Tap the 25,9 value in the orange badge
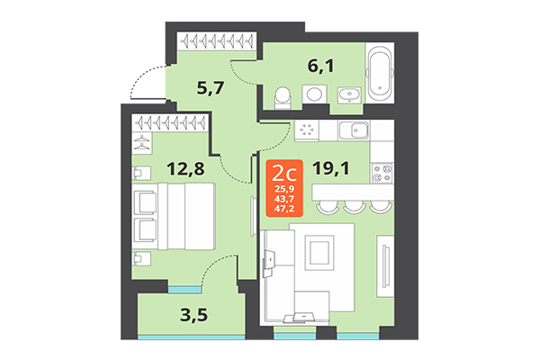pos(283,189)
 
